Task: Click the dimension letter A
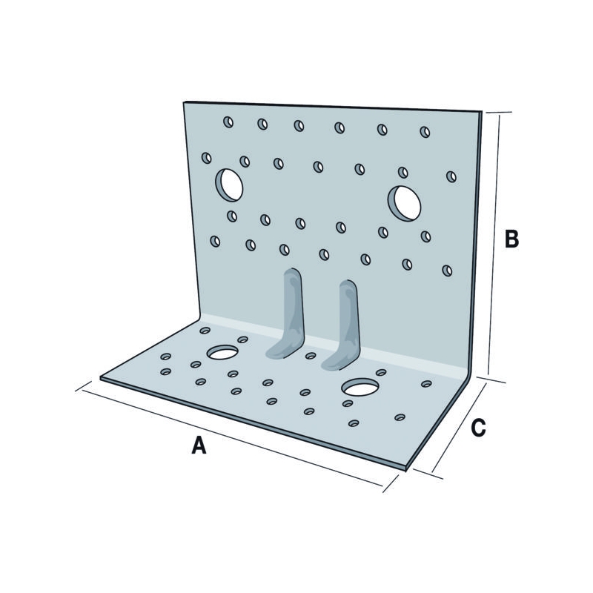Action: tap(199, 445)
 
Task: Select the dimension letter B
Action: tap(511, 239)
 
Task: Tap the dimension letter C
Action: tap(478, 428)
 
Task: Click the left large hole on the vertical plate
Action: tap(229, 185)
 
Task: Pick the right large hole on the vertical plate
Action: tap(404, 203)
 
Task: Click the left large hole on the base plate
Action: tap(222, 352)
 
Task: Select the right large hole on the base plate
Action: tap(360, 387)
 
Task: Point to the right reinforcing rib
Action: tap(342, 325)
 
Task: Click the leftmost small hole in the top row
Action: tap(228, 122)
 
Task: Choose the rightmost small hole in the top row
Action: tap(425, 132)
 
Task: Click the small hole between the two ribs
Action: tap(311, 356)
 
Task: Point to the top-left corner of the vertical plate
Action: tap(183, 102)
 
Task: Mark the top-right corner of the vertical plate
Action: tap(482, 111)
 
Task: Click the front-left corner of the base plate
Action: tap(101, 378)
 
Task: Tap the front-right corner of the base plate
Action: tap(405, 469)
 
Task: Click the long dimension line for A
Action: tap(232, 438)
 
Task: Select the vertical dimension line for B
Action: tap(494, 245)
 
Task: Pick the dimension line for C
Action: tap(459, 428)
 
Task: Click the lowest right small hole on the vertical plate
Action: tap(447, 271)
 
